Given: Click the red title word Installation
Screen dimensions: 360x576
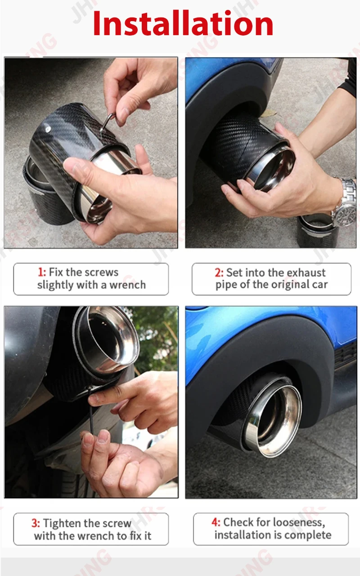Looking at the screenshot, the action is click(183, 23).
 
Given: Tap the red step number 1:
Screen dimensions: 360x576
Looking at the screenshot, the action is click(42, 272).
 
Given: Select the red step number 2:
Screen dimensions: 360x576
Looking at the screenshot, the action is click(219, 272).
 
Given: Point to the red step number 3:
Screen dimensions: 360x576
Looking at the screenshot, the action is click(36, 523).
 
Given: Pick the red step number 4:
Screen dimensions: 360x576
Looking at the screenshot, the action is click(216, 522).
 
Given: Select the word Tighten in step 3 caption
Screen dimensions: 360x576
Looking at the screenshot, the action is click(62, 523).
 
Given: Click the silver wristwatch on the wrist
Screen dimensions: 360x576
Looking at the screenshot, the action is click(346, 203).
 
